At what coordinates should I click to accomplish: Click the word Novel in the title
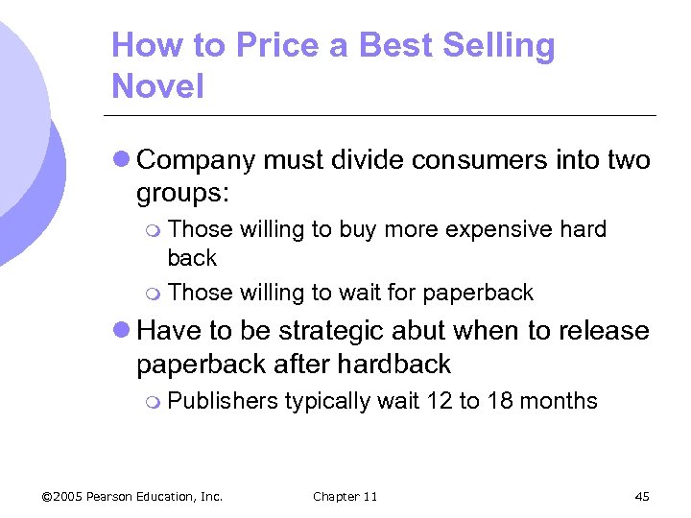point(157,86)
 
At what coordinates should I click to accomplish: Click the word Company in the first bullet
point(197,160)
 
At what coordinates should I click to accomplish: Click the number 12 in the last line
point(439,401)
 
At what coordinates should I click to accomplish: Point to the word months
point(559,401)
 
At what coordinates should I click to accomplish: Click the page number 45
point(642,496)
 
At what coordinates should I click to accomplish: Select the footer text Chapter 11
point(345,496)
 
